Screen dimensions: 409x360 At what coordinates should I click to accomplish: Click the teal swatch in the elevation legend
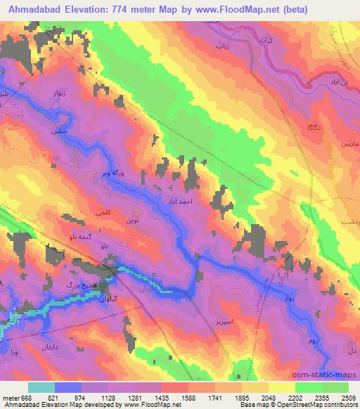[41, 387]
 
